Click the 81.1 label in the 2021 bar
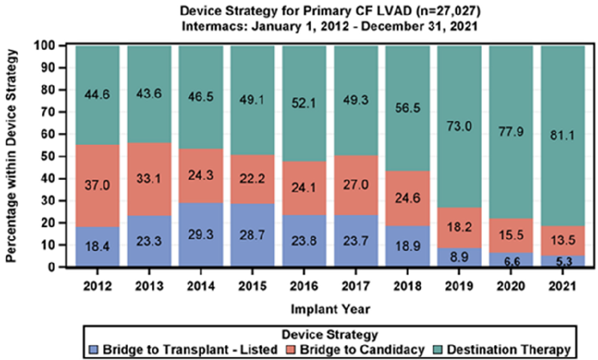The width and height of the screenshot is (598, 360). click(563, 136)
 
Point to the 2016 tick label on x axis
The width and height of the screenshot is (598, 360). click(304, 286)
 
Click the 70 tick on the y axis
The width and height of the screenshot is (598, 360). click(47, 112)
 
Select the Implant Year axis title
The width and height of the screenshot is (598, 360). click(330, 309)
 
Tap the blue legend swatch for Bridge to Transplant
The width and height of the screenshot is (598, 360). click(93, 350)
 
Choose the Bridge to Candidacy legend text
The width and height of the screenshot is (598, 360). click(362, 350)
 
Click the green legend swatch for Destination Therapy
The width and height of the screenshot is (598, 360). click(438, 350)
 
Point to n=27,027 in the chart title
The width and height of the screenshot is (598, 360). click(448, 11)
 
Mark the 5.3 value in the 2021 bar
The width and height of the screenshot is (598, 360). click(563, 262)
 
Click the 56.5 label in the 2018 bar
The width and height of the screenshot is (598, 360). click(407, 108)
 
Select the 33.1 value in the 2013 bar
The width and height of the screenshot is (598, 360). click(149, 178)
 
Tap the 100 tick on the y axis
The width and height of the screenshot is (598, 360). click(44, 45)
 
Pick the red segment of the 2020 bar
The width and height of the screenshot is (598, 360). click(511, 235)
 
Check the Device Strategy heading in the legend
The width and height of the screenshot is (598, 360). click(330, 334)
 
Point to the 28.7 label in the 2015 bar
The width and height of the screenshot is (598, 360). click(252, 235)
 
